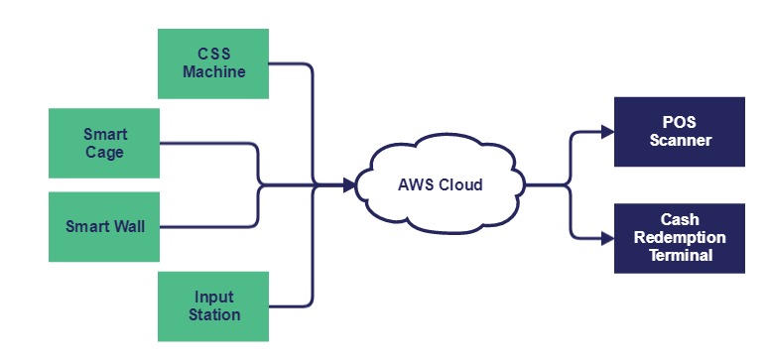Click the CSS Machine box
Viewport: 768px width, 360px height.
point(213,63)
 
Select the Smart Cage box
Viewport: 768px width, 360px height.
point(104,143)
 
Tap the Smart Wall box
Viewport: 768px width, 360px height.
point(104,226)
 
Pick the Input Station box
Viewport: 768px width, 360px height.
point(213,305)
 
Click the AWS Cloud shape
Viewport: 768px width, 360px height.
point(440,184)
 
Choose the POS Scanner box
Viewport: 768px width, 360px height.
point(680,131)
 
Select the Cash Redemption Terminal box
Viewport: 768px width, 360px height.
point(680,238)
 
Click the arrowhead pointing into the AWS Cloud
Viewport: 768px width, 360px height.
point(348,184)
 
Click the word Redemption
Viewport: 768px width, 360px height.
point(680,238)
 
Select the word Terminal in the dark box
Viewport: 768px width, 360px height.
point(680,255)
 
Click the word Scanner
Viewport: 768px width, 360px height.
point(680,140)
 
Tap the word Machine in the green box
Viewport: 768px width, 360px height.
point(213,72)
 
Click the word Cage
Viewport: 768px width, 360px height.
point(105,152)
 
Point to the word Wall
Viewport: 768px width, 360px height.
point(127,226)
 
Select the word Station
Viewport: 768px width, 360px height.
point(214,314)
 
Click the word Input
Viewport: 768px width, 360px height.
point(214,298)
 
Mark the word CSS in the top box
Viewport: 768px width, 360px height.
point(213,55)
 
